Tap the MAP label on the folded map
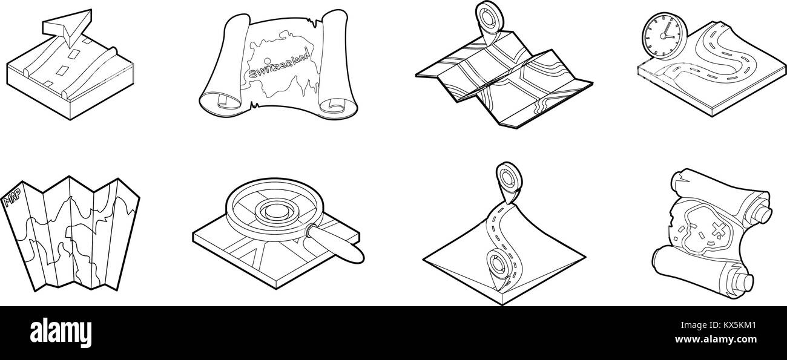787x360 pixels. (12, 197)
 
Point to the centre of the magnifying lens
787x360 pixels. (276, 212)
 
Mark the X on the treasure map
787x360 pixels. (719, 230)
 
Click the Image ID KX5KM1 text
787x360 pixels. (718, 325)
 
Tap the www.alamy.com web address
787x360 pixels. (716, 339)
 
